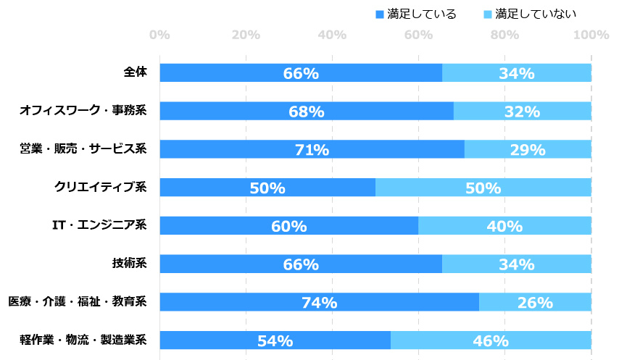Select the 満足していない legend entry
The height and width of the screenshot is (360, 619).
[529, 14]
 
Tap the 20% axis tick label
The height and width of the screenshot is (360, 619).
[246, 35]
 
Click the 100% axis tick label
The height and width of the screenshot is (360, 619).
[591, 35]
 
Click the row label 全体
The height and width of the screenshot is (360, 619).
[135, 72]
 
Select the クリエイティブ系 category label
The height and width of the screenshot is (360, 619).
[101, 188]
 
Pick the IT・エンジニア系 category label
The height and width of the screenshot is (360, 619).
[99, 225]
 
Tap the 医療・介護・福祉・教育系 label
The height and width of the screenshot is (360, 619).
[77, 302]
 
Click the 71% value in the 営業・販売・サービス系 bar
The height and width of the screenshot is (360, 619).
[312, 150]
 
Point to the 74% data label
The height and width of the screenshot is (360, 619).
[319, 303]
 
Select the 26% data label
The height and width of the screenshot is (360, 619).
[535, 303]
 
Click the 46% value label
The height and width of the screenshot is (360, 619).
[491, 340]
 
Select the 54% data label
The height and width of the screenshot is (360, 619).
[275, 340]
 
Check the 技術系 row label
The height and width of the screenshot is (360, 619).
[135, 264]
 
